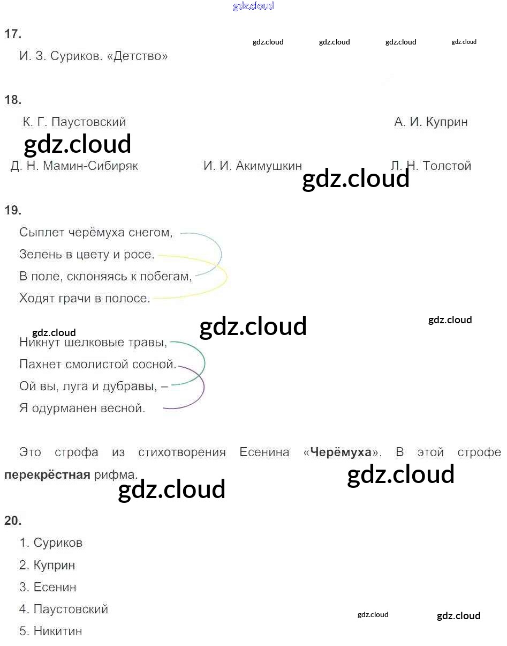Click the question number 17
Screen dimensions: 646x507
(13, 34)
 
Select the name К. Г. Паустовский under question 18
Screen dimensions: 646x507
(74, 122)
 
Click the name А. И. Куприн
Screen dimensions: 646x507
(431, 122)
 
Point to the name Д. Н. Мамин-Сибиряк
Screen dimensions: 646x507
(74, 166)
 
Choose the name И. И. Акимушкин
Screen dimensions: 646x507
(253, 166)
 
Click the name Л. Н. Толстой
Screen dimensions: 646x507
(431, 166)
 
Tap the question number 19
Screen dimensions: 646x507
(13, 210)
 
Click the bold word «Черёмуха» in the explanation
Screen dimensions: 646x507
(341, 452)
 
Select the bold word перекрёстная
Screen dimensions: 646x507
(47, 474)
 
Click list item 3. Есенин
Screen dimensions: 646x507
(48, 587)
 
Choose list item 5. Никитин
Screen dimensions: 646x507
(51, 631)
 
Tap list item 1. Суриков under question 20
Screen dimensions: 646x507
(51, 543)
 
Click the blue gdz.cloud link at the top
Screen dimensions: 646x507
(253, 6)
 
